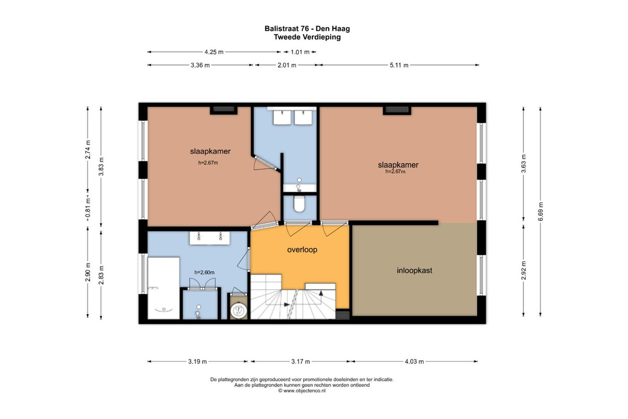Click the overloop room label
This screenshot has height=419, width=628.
[x=302, y=249]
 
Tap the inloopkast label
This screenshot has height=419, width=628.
[x=414, y=271]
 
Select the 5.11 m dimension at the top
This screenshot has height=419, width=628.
[x=399, y=65]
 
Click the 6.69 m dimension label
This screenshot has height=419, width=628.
[x=541, y=211]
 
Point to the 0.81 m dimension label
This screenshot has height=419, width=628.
[x=88, y=208]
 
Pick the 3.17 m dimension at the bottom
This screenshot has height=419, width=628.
[x=300, y=361]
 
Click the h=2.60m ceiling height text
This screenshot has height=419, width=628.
[x=205, y=272]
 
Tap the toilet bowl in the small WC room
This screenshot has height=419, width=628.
[x=299, y=204]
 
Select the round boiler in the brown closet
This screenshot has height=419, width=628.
[x=238, y=311]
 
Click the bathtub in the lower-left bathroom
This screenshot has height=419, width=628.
[x=163, y=288]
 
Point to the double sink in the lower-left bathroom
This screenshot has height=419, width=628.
[x=209, y=238]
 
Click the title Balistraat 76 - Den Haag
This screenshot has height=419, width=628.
[x=307, y=29]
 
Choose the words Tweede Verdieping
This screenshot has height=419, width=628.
[x=307, y=37]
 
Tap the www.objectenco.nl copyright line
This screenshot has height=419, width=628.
[x=302, y=391]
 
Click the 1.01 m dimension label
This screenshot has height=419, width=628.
[x=300, y=52]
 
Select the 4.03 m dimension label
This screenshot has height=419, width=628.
[x=414, y=361]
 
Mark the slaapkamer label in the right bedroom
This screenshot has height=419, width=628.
[x=398, y=165]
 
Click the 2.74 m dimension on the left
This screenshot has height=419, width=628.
[x=88, y=149]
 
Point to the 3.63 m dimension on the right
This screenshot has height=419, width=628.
[x=523, y=163]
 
